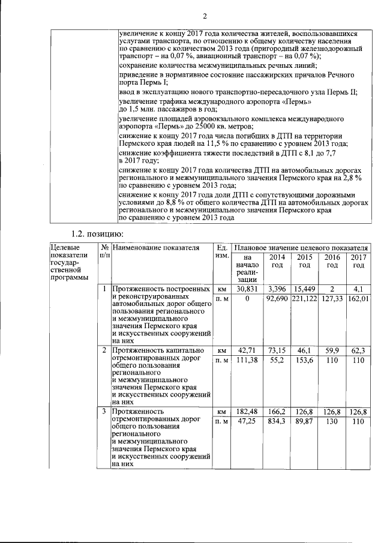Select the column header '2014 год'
click(277, 261)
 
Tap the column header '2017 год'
click(359, 261)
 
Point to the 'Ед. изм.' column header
click(221, 252)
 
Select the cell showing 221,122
click(304, 299)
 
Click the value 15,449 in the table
click(304, 289)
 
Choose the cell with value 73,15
click(277, 350)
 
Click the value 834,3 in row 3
click(277, 422)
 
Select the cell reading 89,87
click(304, 422)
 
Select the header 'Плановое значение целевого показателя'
click(300, 248)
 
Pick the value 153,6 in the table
click(304, 359)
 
